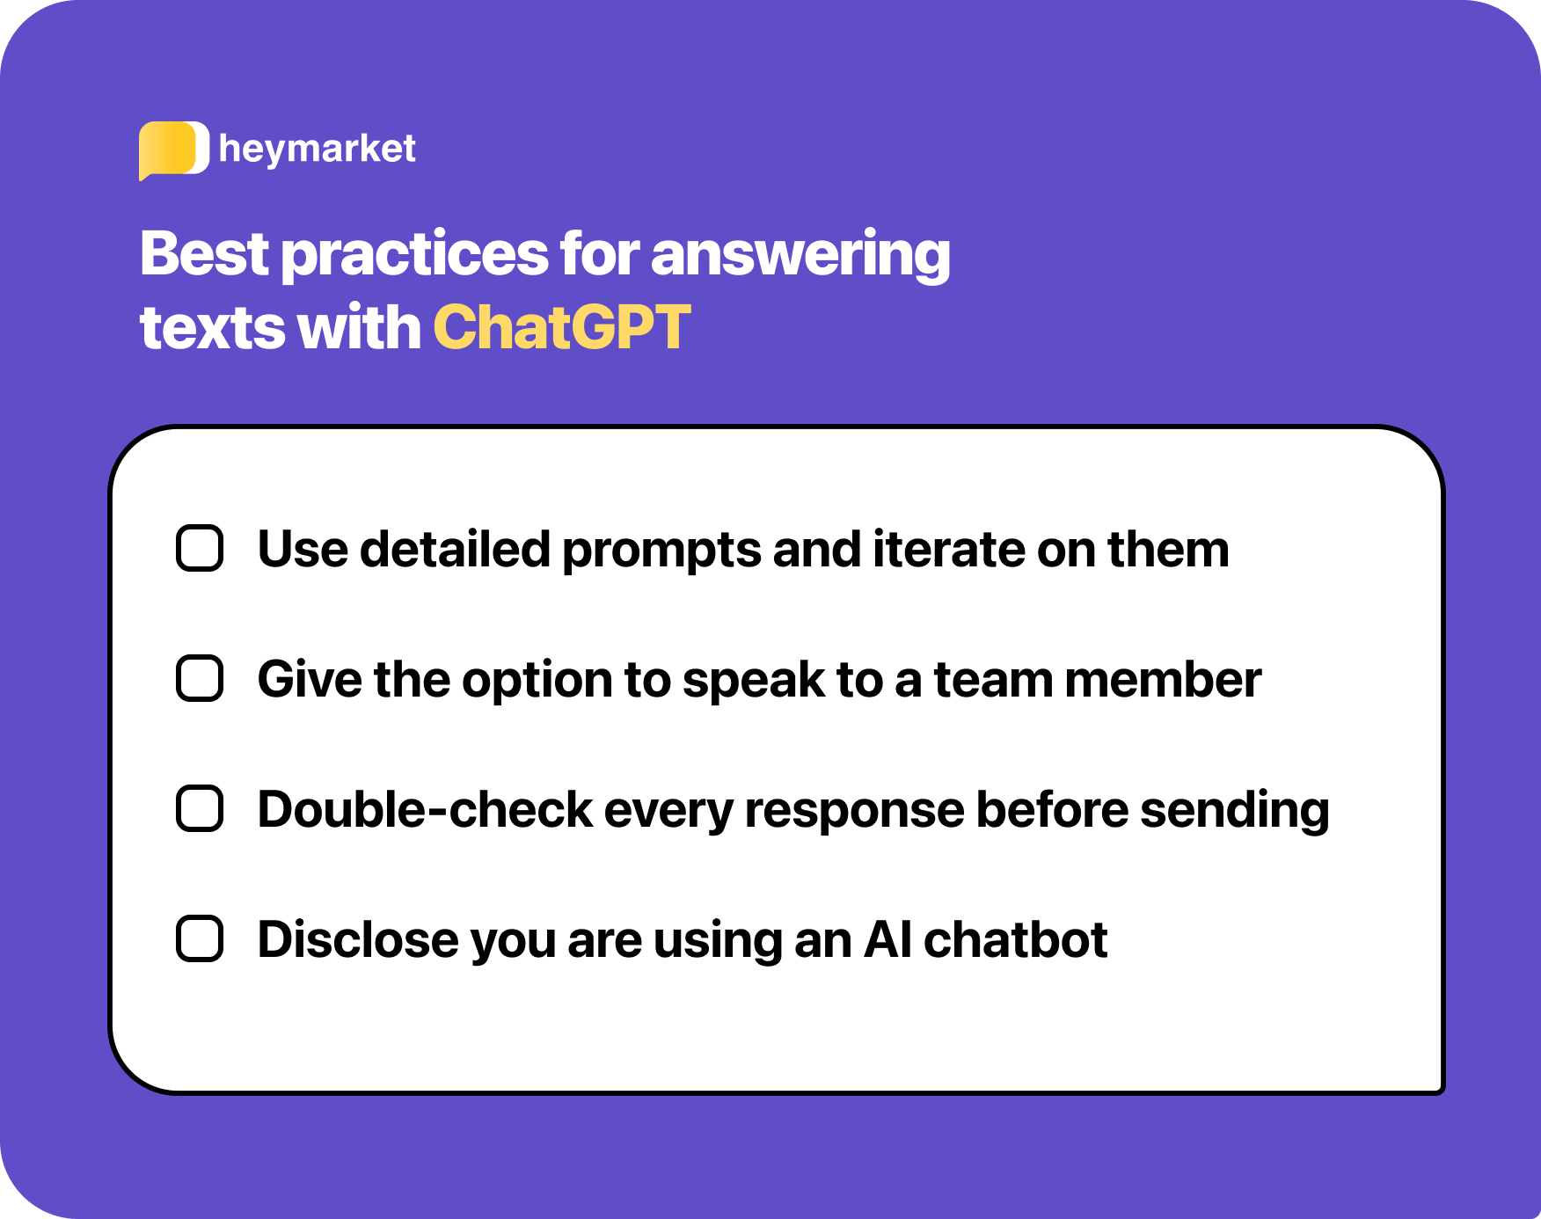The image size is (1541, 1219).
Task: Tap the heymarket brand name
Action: pos(318,149)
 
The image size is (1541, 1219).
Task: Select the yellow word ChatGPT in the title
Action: pos(561,327)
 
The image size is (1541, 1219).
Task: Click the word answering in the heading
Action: pos(800,254)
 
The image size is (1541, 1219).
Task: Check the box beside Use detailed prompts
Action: pos(200,549)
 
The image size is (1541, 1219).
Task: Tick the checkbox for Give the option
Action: pos(200,679)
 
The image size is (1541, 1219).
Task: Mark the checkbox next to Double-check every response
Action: pos(200,809)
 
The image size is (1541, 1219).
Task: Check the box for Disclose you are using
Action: pos(200,939)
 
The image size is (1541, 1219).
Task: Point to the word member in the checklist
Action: pos(1163,680)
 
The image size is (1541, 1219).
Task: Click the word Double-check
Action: pos(425,810)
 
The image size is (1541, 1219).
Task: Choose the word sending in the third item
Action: pos(1234,811)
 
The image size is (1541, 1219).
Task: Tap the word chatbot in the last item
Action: pos(1015,940)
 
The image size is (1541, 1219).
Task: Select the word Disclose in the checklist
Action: pos(358,940)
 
